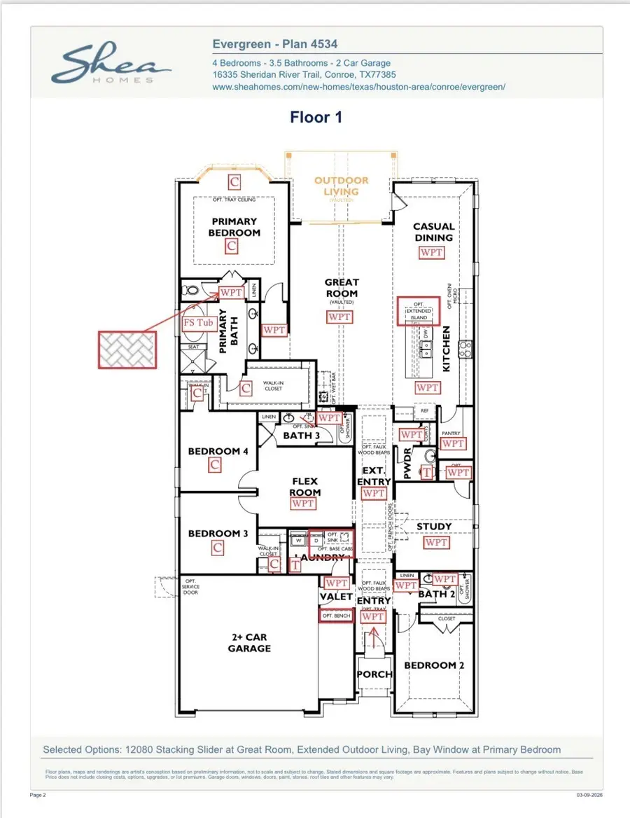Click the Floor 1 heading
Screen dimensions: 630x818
[x=316, y=117]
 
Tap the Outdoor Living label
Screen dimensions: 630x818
[x=341, y=186]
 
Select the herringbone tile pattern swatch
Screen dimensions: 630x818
[x=127, y=349]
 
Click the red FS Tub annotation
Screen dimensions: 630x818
[x=198, y=323]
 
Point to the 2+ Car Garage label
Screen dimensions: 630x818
[x=249, y=643]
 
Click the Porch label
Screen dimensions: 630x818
[x=374, y=674]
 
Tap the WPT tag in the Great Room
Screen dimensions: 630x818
[x=340, y=317]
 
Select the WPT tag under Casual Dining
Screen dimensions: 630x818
[x=432, y=252]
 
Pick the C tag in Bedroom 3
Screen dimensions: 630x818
[x=218, y=548]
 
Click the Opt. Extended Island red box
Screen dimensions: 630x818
[x=419, y=311]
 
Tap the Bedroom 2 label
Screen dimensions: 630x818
[x=434, y=665]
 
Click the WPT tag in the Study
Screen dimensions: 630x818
[x=436, y=543]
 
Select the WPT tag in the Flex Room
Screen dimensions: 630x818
[x=303, y=503]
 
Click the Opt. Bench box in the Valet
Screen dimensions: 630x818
[x=335, y=616]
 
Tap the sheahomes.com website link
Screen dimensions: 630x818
[x=358, y=87]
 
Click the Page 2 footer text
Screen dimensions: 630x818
[x=38, y=795]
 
